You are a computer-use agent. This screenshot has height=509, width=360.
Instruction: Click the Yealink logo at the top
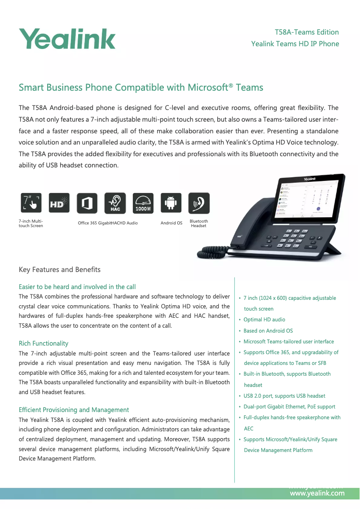pos(67,39)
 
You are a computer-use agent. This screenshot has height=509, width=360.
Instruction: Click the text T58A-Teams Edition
pos(307,32)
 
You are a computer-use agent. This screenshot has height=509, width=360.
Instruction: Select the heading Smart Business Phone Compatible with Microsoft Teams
pos(140,87)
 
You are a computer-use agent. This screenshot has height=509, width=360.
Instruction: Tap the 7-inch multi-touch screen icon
pos(31,203)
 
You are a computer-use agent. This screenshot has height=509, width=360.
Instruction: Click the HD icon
pos(59,203)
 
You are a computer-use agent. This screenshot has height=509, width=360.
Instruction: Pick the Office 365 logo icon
pos(87,203)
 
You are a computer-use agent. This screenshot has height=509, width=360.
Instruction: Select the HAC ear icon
pos(115,203)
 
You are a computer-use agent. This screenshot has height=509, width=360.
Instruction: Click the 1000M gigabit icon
pos(143,203)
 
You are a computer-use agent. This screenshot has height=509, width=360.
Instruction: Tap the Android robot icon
pos(171,203)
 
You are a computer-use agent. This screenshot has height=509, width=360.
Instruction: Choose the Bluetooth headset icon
pos(199,203)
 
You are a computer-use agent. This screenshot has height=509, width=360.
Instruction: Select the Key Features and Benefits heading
pos(60,270)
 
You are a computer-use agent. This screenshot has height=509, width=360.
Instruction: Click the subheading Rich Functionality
pos(44,343)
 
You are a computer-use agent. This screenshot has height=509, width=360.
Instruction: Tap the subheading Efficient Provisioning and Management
pos(74,410)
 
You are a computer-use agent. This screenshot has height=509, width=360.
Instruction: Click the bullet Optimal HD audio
pos(264,320)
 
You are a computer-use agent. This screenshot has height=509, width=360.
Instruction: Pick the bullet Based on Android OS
pos(268,331)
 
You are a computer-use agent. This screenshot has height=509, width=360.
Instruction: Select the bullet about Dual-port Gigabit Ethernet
pos(289,407)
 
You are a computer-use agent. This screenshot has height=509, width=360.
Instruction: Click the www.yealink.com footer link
pos(317,493)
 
